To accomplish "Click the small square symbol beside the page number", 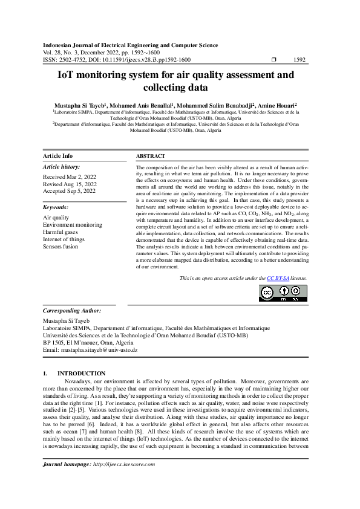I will click(x=275, y=60).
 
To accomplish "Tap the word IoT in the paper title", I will click(x=66, y=76).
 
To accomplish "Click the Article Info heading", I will click(x=58, y=156).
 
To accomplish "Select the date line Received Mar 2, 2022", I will click(x=70, y=177).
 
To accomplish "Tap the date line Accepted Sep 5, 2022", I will click(x=70, y=191).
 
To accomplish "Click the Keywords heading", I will click(x=56, y=207).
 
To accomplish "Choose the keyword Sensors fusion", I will click(x=61, y=247).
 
